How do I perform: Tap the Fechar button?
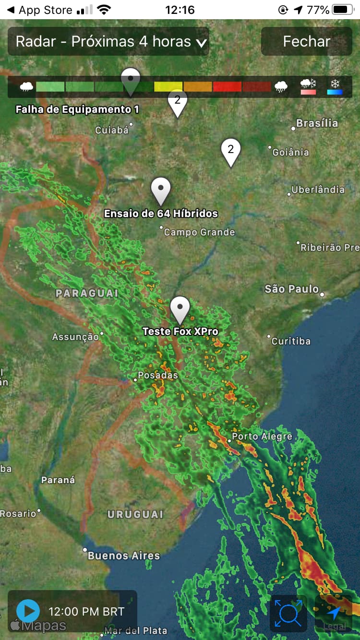[x=306, y=41]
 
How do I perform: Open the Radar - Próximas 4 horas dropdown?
[x=108, y=41]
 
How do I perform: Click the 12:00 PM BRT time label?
[x=86, y=612]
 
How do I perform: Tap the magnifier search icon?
[x=288, y=613]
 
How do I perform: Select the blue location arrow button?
[x=334, y=613]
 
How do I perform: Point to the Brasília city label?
[x=317, y=123]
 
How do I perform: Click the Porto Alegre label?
[x=262, y=437]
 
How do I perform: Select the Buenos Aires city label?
[x=123, y=556]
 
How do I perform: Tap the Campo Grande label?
[x=199, y=232]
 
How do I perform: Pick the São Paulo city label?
[x=292, y=289]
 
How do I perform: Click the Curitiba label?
[x=291, y=341]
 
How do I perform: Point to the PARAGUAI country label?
[x=87, y=293]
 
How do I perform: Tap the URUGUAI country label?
[x=135, y=514]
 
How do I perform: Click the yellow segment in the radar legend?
[x=168, y=87]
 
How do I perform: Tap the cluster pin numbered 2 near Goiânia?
[x=231, y=151]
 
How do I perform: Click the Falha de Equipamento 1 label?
[x=77, y=109]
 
